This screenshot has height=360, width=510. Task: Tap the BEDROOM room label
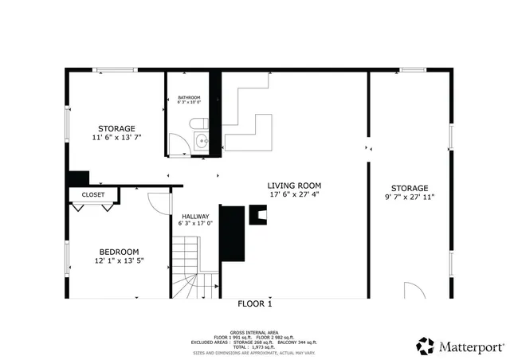pos(118,251)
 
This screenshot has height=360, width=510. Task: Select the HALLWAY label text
pos(195,217)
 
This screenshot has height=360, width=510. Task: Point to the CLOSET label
pos(93,194)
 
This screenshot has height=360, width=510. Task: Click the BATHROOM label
pos(189,98)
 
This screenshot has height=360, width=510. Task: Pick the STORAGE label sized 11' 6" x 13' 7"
pos(116,128)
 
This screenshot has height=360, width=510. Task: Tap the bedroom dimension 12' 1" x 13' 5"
pos(118,260)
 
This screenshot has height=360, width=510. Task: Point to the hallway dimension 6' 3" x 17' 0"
pos(195,224)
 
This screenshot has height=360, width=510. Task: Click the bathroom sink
pos(201,143)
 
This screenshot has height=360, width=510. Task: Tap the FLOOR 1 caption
pos(255,303)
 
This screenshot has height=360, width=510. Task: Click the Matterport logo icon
pos(426,346)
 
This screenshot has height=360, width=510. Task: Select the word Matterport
pos(471,346)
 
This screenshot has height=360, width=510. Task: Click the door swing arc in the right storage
pos(413,289)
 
